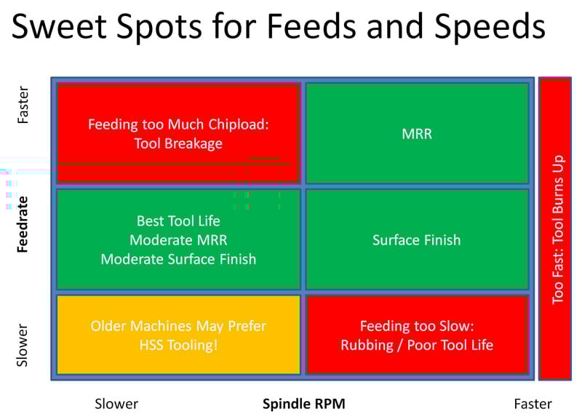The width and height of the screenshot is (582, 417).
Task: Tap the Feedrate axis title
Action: [x=23, y=223]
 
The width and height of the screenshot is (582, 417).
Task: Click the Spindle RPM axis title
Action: [x=303, y=403]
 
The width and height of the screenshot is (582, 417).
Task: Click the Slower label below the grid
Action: [x=116, y=403]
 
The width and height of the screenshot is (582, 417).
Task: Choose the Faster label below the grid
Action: [x=532, y=403]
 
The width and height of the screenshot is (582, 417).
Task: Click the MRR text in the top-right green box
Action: [x=416, y=134]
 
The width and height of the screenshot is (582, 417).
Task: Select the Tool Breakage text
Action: [x=178, y=143]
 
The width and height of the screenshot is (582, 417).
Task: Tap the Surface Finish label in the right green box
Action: [x=416, y=239]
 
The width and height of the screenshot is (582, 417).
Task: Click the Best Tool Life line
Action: [x=178, y=221]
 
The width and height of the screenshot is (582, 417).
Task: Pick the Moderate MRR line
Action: [x=178, y=239]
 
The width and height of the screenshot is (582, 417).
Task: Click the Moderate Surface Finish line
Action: [x=178, y=258]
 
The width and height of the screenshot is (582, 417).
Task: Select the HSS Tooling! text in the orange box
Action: [x=178, y=345]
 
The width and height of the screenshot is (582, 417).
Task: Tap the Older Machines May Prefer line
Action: [x=178, y=326]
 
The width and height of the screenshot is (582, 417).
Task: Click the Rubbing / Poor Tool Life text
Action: [x=416, y=345]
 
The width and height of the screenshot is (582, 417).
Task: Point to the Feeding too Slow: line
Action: [x=416, y=326]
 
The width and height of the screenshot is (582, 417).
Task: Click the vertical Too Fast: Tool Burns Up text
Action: [x=558, y=229]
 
